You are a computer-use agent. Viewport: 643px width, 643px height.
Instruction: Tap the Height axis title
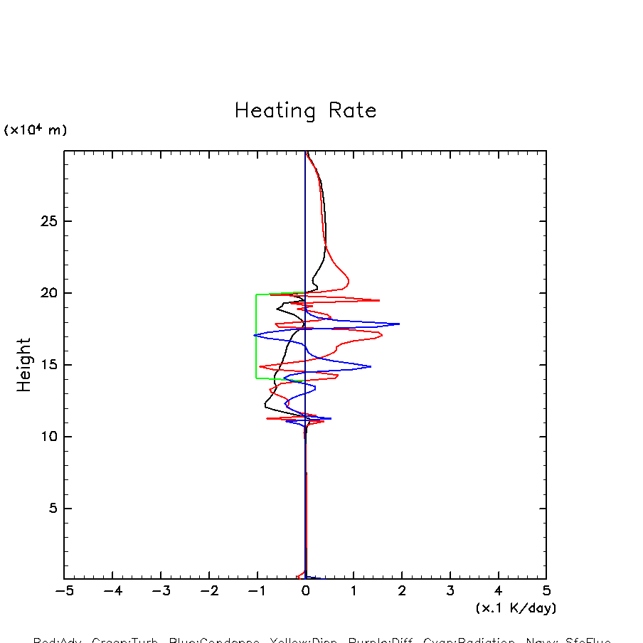tap(24, 365)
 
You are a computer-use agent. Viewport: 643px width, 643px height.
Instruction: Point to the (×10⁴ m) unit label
tap(36, 130)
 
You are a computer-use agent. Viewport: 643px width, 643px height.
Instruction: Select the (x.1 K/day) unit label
tap(516, 608)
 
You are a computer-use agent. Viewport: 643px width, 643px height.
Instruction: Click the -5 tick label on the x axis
tap(64, 591)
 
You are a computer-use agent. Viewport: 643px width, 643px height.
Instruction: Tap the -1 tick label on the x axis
tap(257, 591)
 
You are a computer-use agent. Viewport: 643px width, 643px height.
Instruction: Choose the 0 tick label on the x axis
tap(305, 591)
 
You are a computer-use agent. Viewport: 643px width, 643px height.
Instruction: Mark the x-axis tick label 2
tap(402, 591)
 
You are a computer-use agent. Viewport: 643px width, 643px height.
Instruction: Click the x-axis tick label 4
tap(498, 591)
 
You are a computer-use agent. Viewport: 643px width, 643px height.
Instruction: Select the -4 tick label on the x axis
tap(112, 591)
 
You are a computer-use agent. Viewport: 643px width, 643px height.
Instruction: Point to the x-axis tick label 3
tap(450, 591)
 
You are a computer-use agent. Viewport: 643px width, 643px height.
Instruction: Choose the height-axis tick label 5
tap(52, 509)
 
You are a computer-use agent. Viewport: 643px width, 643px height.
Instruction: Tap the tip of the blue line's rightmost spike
tap(400, 324)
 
